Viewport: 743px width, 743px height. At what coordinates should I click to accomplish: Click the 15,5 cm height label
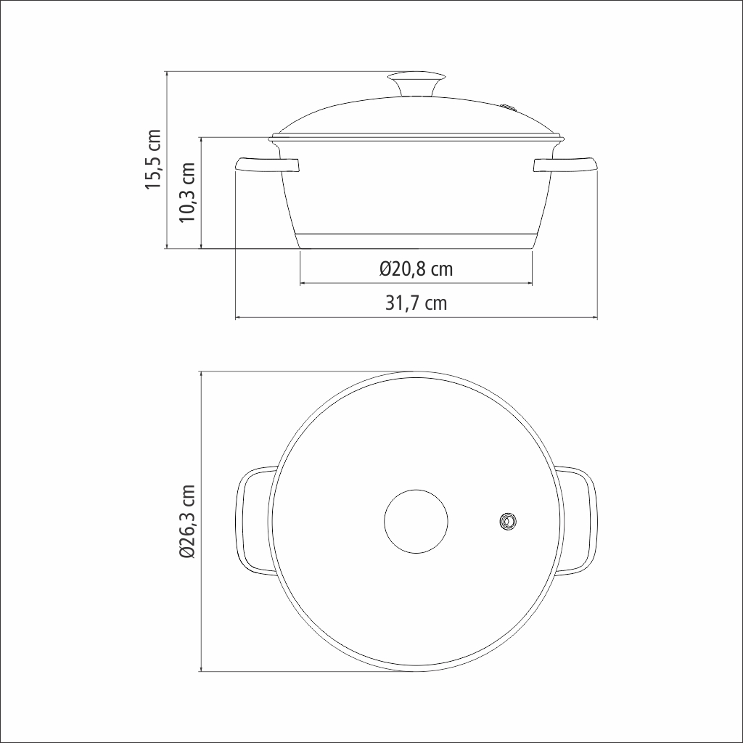point(154,160)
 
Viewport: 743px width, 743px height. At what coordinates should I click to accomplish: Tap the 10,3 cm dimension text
point(187,192)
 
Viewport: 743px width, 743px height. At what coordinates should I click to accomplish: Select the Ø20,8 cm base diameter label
point(416,269)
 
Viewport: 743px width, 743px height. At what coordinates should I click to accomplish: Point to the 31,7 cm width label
point(416,303)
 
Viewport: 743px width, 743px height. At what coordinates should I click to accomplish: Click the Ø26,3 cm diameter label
point(187,521)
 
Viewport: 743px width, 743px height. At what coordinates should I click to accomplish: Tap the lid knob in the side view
point(416,83)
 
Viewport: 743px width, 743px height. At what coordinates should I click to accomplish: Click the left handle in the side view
point(267,165)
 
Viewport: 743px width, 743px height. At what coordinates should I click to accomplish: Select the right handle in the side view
point(565,165)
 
